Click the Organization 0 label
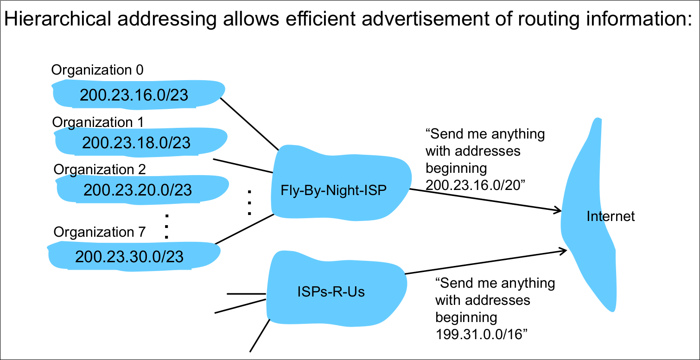click(x=97, y=70)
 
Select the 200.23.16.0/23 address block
click(x=134, y=95)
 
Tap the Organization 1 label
click(x=98, y=122)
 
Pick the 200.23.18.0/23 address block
click(x=136, y=143)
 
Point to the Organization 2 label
click(x=100, y=169)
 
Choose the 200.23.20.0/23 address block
click(x=137, y=189)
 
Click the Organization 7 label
click(x=100, y=232)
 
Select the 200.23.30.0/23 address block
click(x=129, y=256)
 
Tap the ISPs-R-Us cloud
click(x=331, y=292)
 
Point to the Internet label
click(x=611, y=216)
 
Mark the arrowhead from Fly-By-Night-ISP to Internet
click(x=558, y=211)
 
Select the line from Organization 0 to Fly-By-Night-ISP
click(x=249, y=124)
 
